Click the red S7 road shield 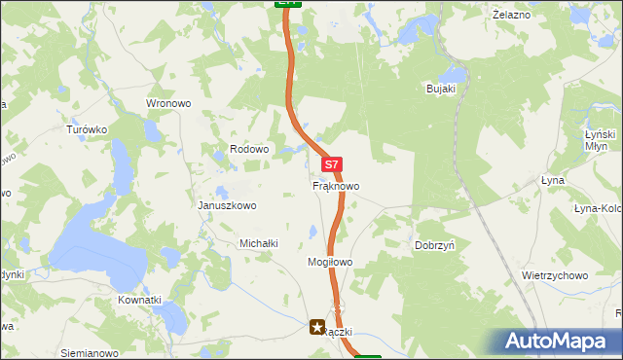[x=332, y=165]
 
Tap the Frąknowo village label [x=336, y=185]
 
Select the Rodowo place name [x=248, y=149]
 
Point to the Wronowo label [x=168, y=103]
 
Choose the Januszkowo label [x=227, y=205]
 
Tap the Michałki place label [x=260, y=243]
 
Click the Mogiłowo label [x=329, y=263]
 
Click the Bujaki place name [x=441, y=89]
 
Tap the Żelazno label [x=511, y=16]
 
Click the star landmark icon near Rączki [x=317, y=329]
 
